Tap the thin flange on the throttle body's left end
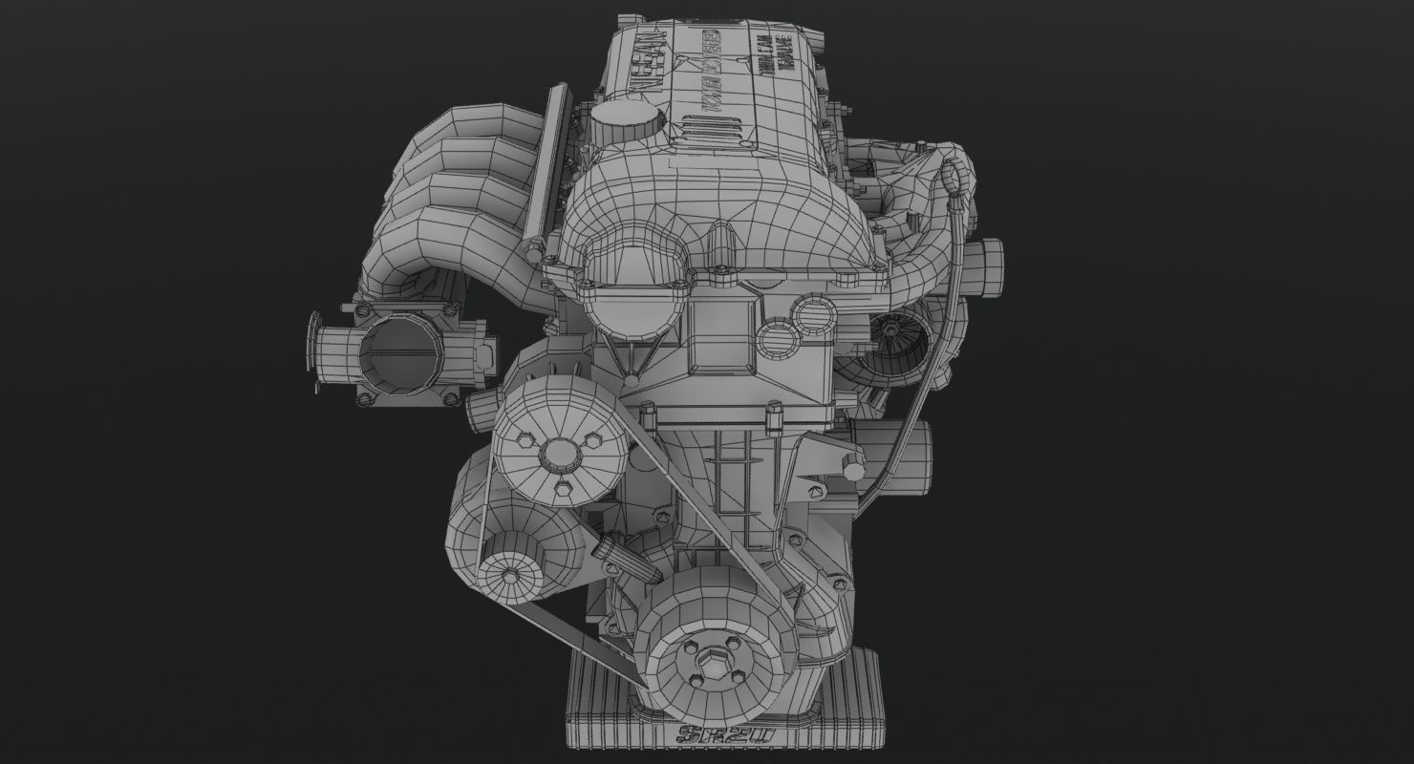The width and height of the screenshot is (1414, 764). pyautogui.click(x=313, y=351)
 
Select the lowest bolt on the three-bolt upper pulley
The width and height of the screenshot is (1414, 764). pyautogui.click(x=564, y=492)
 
